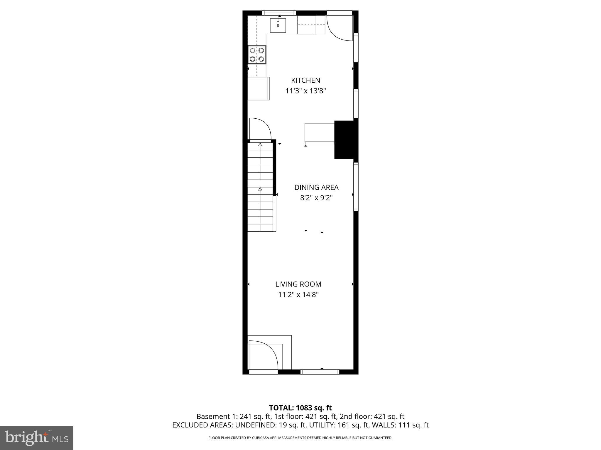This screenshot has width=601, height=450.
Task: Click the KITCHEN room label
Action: pyautogui.click(x=305, y=80)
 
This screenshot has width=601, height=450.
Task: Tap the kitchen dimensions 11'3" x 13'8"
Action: pyautogui.click(x=306, y=91)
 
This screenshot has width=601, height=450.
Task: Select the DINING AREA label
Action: pyautogui.click(x=316, y=187)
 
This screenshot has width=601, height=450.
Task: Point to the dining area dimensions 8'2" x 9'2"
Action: pyautogui.click(x=316, y=198)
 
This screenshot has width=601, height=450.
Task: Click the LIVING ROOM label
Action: pyautogui.click(x=298, y=284)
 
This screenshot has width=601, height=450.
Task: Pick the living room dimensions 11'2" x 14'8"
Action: pyautogui.click(x=298, y=295)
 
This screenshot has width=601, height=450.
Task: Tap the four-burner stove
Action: pyautogui.click(x=257, y=55)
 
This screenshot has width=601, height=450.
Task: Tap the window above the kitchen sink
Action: pyautogui.click(x=279, y=13)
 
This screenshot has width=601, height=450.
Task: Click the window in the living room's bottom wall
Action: pyautogui.click(x=320, y=372)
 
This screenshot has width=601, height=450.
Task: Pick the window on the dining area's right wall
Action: pyautogui.click(x=356, y=187)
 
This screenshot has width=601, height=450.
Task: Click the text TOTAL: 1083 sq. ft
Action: pyautogui.click(x=300, y=408)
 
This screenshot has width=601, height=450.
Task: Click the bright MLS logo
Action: pyautogui.click(x=37, y=438)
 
